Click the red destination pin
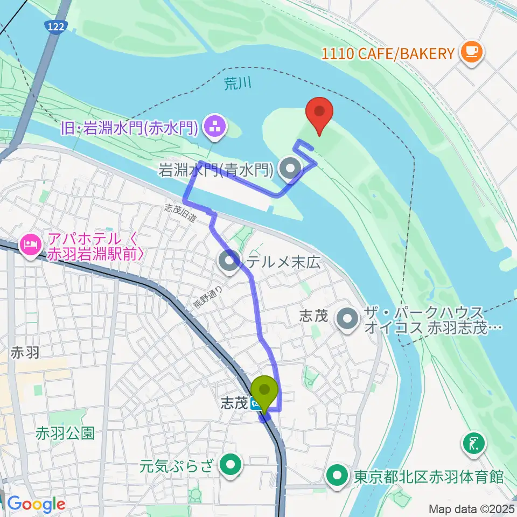coord(319,113)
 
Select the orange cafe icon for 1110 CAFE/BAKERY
coord(472,52)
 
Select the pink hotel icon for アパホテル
coord(27,245)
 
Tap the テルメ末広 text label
coord(283,263)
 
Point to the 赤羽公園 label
coord(65,432)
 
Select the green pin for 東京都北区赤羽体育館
coord(338,476)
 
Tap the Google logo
coord(36,504)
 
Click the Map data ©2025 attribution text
coord(467,508)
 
